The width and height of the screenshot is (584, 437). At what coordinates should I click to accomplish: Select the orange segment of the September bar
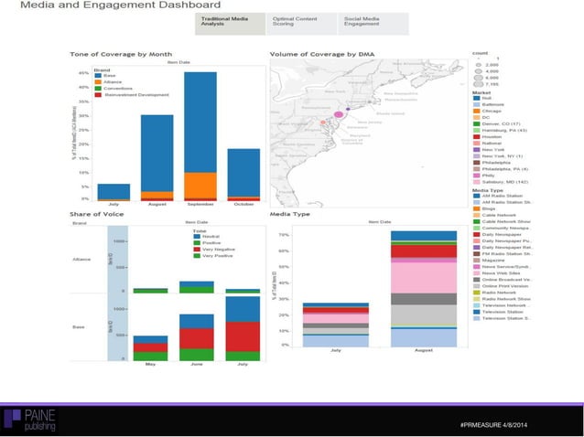[x=200, y=184]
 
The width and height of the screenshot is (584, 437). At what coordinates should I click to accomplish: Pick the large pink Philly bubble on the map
[x=336, y=113]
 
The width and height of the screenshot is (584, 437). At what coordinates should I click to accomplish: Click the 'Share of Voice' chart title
[x=97, y=214]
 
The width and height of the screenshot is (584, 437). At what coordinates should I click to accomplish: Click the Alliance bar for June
[x=196, y=286]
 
